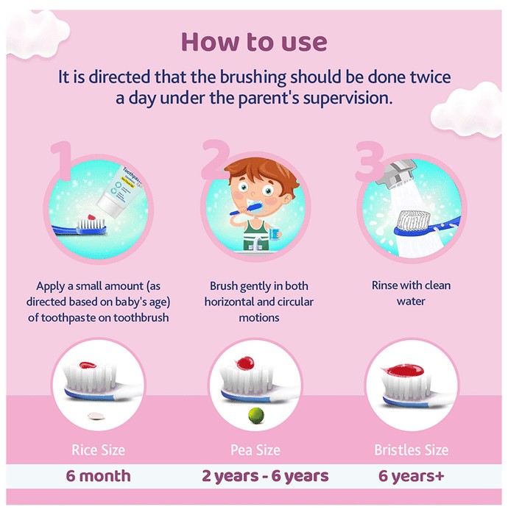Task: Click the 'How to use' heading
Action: [254, 42]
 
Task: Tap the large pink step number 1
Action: [63, 160]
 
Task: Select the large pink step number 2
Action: [215, 159]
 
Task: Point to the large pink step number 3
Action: [370, 161]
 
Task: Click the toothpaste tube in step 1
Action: [119, 192]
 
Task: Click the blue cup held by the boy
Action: [275, 233]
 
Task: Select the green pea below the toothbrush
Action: [256, 415]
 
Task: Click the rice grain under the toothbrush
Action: [96, 416]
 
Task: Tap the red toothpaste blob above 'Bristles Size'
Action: [403, 370]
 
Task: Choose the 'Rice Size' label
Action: [98, 450]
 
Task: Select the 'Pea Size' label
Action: [255, 450]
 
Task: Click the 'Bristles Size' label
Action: [411, 450]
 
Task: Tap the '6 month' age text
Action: [98, 476]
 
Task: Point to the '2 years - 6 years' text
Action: [265, 476]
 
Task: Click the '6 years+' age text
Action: [411, 476]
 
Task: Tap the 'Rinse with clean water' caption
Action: [411, 293]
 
